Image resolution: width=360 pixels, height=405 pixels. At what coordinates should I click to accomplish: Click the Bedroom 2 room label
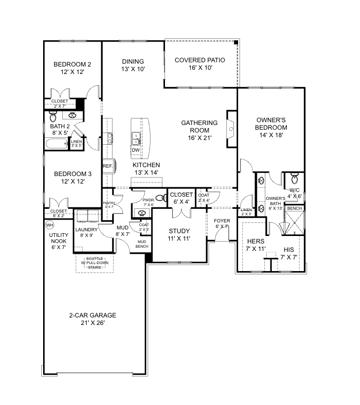click(72, 64)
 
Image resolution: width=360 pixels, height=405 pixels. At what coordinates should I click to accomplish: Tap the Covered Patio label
click(200, 60)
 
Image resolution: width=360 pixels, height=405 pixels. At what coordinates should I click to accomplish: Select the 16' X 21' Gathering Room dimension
click(200, 138)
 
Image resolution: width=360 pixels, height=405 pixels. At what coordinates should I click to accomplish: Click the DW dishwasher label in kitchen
click(135, 150)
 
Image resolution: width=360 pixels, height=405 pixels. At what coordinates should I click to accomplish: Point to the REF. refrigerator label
click(107, 166)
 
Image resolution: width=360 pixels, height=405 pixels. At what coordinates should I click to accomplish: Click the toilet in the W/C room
click(294, 178)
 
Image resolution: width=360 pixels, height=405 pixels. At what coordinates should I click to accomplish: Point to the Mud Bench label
click(142, 244)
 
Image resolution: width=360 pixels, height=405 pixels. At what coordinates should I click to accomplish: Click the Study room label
click(179, 231)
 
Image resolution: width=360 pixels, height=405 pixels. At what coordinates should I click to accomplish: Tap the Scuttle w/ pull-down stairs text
click(96, 263)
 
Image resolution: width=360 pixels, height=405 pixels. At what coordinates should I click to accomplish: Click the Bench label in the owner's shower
click(294, 208)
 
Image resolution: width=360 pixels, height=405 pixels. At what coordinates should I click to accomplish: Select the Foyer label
click(222, 221)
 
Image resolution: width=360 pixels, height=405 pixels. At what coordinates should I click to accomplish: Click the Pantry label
click(109, 203)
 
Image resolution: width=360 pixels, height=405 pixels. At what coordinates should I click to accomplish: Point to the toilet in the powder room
click(160, 198)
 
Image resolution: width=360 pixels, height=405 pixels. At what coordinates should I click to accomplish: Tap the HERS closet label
click(255, 241)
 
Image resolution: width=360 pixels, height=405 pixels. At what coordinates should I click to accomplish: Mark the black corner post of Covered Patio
click(236, 43)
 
